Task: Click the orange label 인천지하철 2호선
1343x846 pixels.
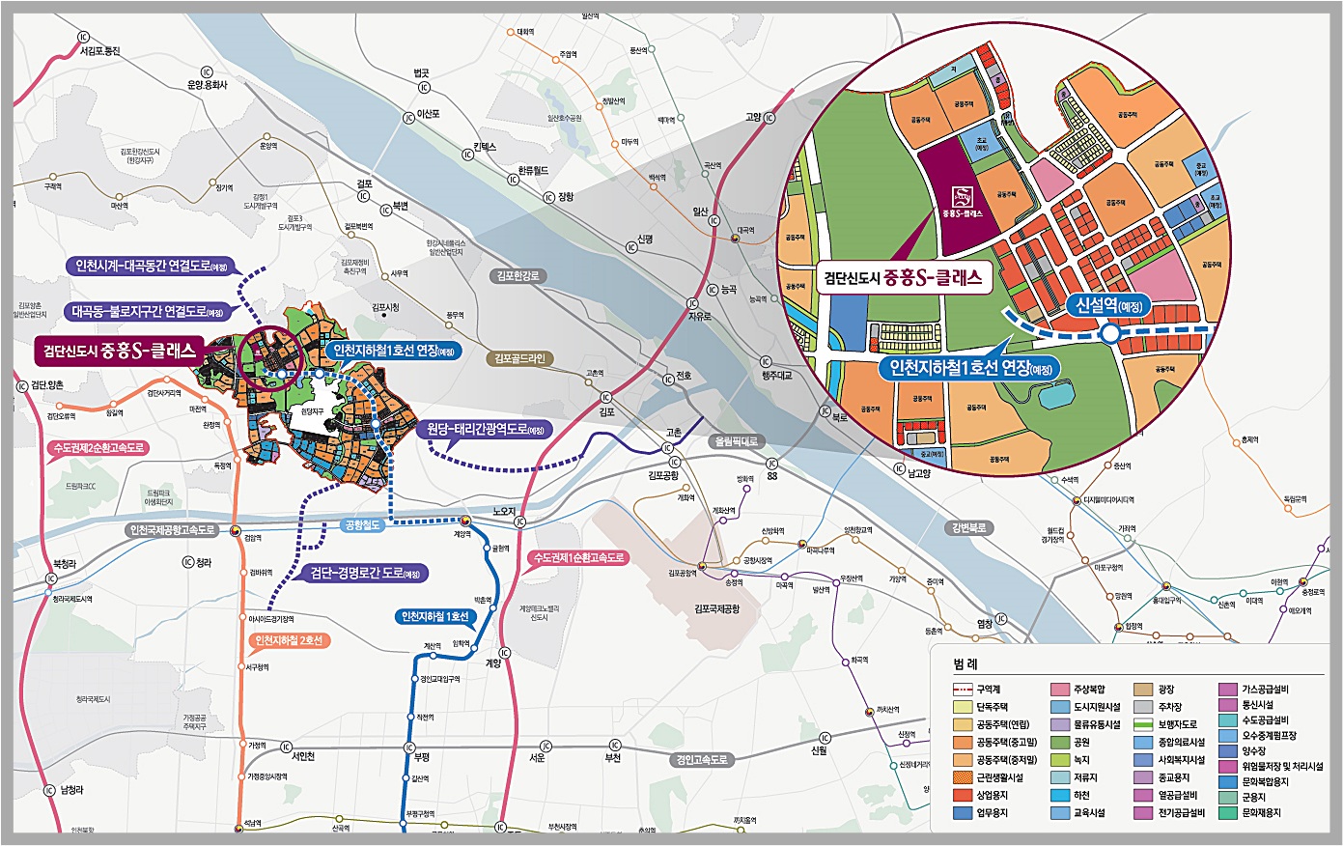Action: (290, 640)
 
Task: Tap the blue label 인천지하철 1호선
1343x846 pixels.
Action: (435, 616)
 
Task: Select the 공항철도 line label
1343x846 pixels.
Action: (363, 525)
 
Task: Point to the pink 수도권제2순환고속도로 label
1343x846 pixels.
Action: (99, 448)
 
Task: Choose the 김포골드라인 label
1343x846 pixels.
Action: (518, 358)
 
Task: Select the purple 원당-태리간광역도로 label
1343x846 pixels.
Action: (486, 429)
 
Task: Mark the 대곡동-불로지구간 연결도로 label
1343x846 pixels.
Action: (148, 312)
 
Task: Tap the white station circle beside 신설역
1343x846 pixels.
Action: (1110, 334)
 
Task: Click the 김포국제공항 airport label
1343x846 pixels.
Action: (716, 608)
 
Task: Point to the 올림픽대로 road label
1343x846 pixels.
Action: (736, 441)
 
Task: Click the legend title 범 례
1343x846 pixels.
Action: (965, 665)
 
